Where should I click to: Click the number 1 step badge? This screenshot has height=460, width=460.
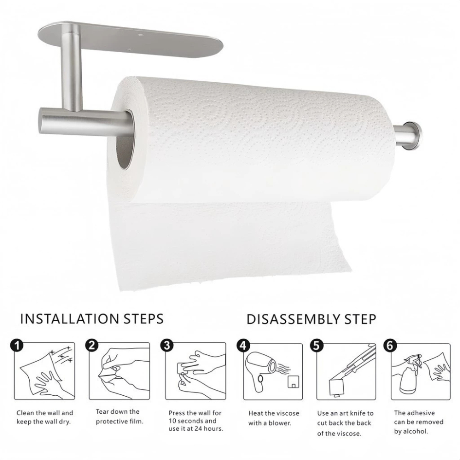17,345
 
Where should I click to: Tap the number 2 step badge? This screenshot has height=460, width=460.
92,345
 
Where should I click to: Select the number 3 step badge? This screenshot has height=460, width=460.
167,345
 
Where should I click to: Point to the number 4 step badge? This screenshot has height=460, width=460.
243,345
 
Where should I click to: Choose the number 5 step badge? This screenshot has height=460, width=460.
316,345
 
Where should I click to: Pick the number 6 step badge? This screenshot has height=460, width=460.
390,345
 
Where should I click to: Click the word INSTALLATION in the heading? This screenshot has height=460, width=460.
69,319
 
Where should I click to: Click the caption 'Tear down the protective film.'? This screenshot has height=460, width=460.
119,417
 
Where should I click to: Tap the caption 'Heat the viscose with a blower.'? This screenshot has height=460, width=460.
274,418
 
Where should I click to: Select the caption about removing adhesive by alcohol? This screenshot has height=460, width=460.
419,422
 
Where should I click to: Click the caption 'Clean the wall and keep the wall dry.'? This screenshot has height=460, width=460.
45,417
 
